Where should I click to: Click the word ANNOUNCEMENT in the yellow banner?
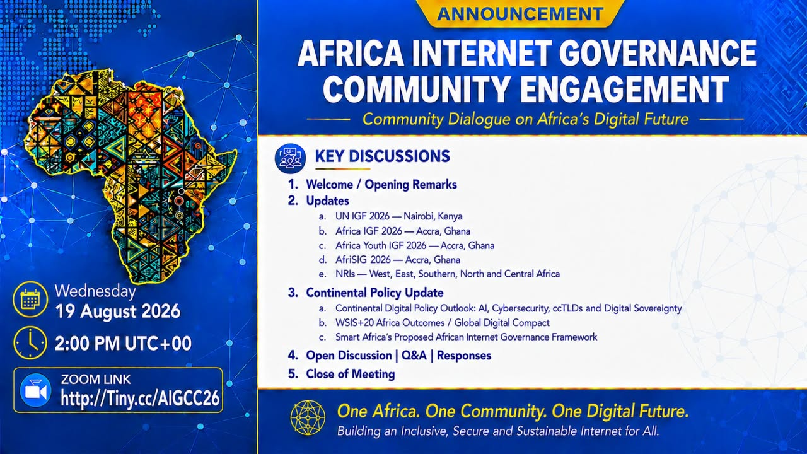pos(520,14)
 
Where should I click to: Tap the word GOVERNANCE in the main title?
pos(658,54)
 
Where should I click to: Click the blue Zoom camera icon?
pos(35,390)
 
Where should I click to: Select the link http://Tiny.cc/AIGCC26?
pos(140,398)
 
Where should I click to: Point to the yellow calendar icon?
pos(30,299)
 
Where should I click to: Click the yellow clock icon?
pos(30,342)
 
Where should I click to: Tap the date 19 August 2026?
pos(118,311)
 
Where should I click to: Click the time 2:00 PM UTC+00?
pos(123,344)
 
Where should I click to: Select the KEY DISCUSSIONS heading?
pos(383,156)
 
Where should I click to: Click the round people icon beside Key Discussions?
pos(291,158)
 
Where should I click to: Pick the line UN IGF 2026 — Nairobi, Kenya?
pos(399,216)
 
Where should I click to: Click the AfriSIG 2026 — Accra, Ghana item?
pos(398,260)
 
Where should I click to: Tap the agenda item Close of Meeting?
pos(351,374)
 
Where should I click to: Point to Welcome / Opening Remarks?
pos(381,185)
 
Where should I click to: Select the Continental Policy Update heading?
pos(374,293)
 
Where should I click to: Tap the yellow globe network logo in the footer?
pos(308,418)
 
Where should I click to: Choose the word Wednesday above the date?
pos(95,291)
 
